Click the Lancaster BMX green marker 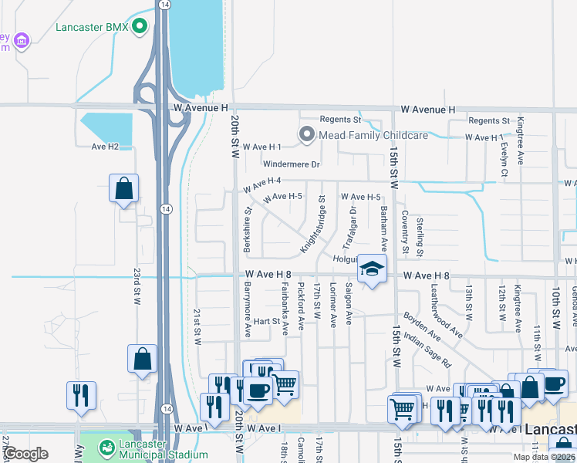pyautogui.click(x=140, y=28)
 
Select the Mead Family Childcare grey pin pyautogui.click(x=307, y=136)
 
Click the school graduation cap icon pyautogui.click(x=372, y=269)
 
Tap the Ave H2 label pyautogui.click(x=105, y=147)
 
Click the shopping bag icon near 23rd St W pyautogui.click(x=123, y=188)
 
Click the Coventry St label pyautogui.click(x=404, y=231)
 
